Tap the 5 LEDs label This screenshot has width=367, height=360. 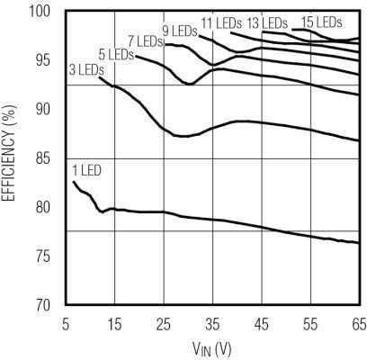(114, 54)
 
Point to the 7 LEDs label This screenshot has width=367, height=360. (145, 41)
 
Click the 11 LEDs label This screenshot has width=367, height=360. (219, 22)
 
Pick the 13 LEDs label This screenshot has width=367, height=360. (267, 22)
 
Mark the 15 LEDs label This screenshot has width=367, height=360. (321, 21)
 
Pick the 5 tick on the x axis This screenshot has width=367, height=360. (66, 322)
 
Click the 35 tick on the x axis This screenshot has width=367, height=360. (212, 322)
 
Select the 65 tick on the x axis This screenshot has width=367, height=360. (358, 322)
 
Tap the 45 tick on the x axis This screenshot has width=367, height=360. (261, 322)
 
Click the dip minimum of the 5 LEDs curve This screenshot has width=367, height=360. (190, 84)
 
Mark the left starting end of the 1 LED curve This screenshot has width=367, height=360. (74, 182)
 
